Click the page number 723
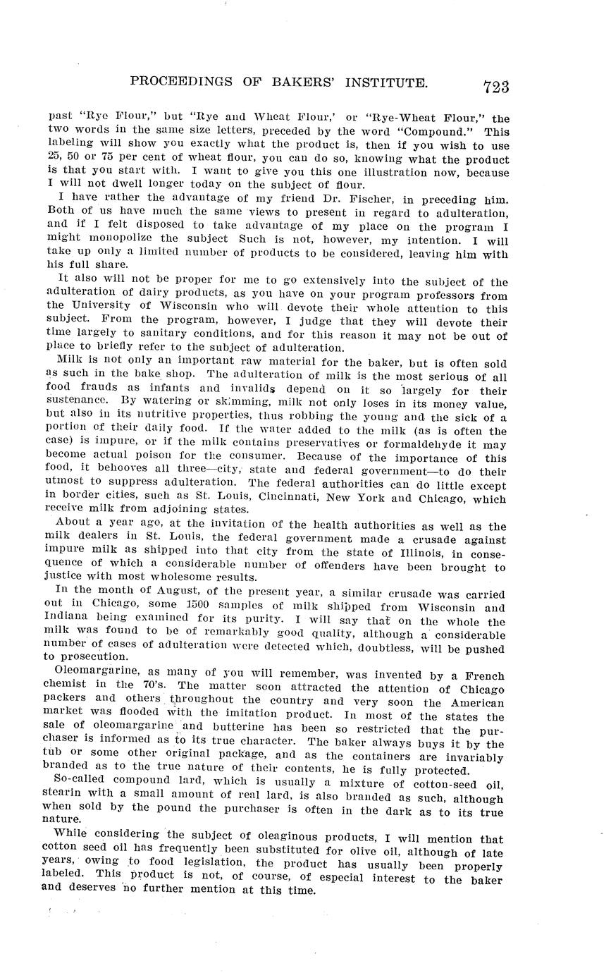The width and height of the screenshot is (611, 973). [496, 87]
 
